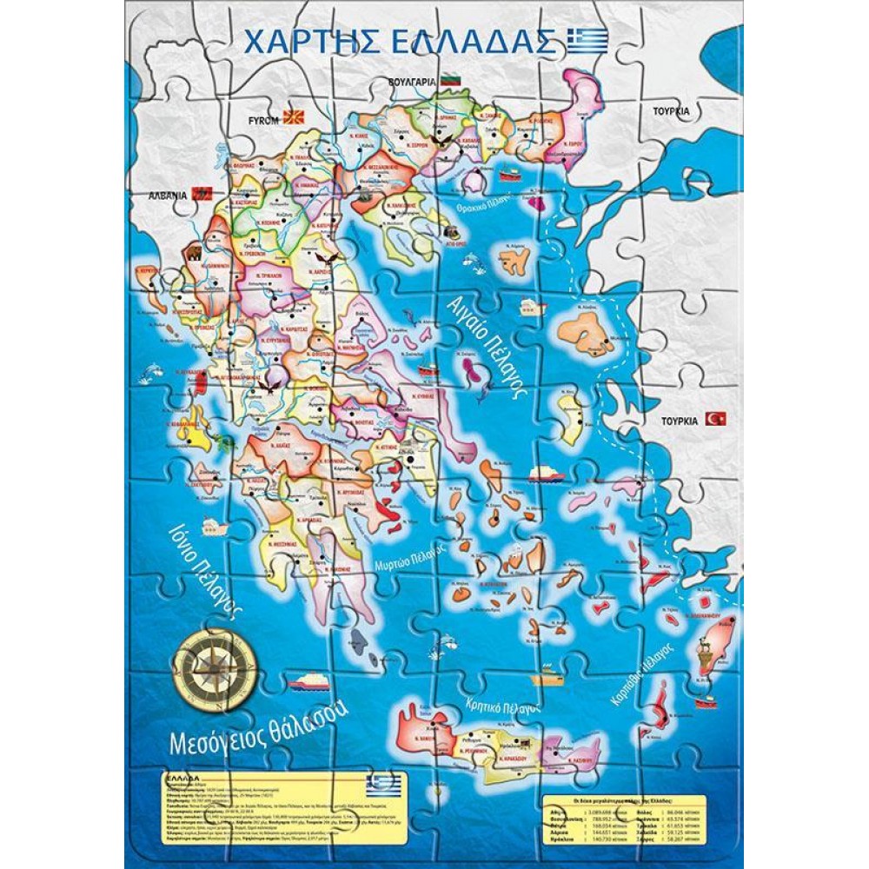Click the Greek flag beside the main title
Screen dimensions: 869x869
587,41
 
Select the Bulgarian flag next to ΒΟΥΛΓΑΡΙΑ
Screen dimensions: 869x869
449,79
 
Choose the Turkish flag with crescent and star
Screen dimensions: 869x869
716,419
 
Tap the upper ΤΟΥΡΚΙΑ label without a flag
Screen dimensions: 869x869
672,111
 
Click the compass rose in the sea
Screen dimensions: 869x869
215,667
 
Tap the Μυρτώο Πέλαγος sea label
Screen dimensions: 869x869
410,555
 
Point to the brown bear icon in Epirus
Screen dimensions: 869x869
193,253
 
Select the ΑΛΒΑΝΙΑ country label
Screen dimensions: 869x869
168,196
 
